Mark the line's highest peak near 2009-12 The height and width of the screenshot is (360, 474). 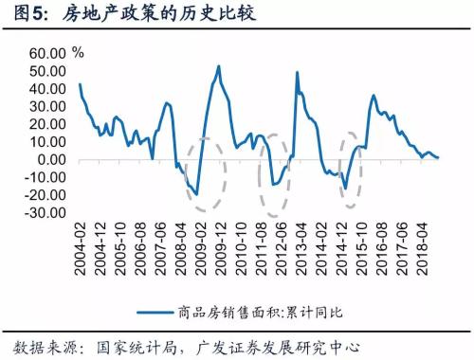pyautogui.click(x=219, y=66)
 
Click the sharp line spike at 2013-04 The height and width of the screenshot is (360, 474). pyautogui.click(x=298, y=72)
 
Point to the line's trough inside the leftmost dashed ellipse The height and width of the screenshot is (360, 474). pyautogui.click(x=197, y=194)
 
